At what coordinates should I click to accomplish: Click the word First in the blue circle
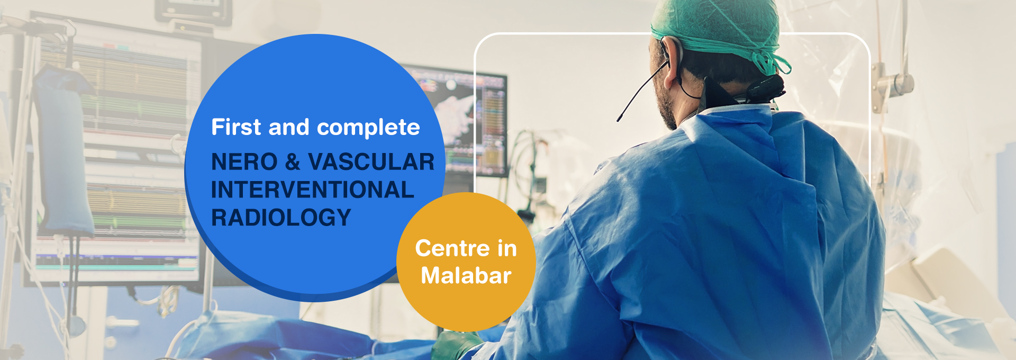[x=236, y=127]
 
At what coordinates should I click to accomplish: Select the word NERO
[x=244, y=162]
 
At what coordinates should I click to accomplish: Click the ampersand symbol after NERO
[x=293, y=162]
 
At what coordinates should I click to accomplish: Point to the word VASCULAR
[x=371, y=162]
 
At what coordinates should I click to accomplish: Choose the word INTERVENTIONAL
[x=312, y=190]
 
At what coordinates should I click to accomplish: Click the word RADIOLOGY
[x=281, y=217]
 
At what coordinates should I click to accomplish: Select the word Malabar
[x=466, y=276]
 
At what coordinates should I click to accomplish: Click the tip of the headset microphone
[x=618, y=120]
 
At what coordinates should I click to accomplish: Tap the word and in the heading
[x=289, y=127]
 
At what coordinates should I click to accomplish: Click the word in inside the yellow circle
[x=507, y=248]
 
